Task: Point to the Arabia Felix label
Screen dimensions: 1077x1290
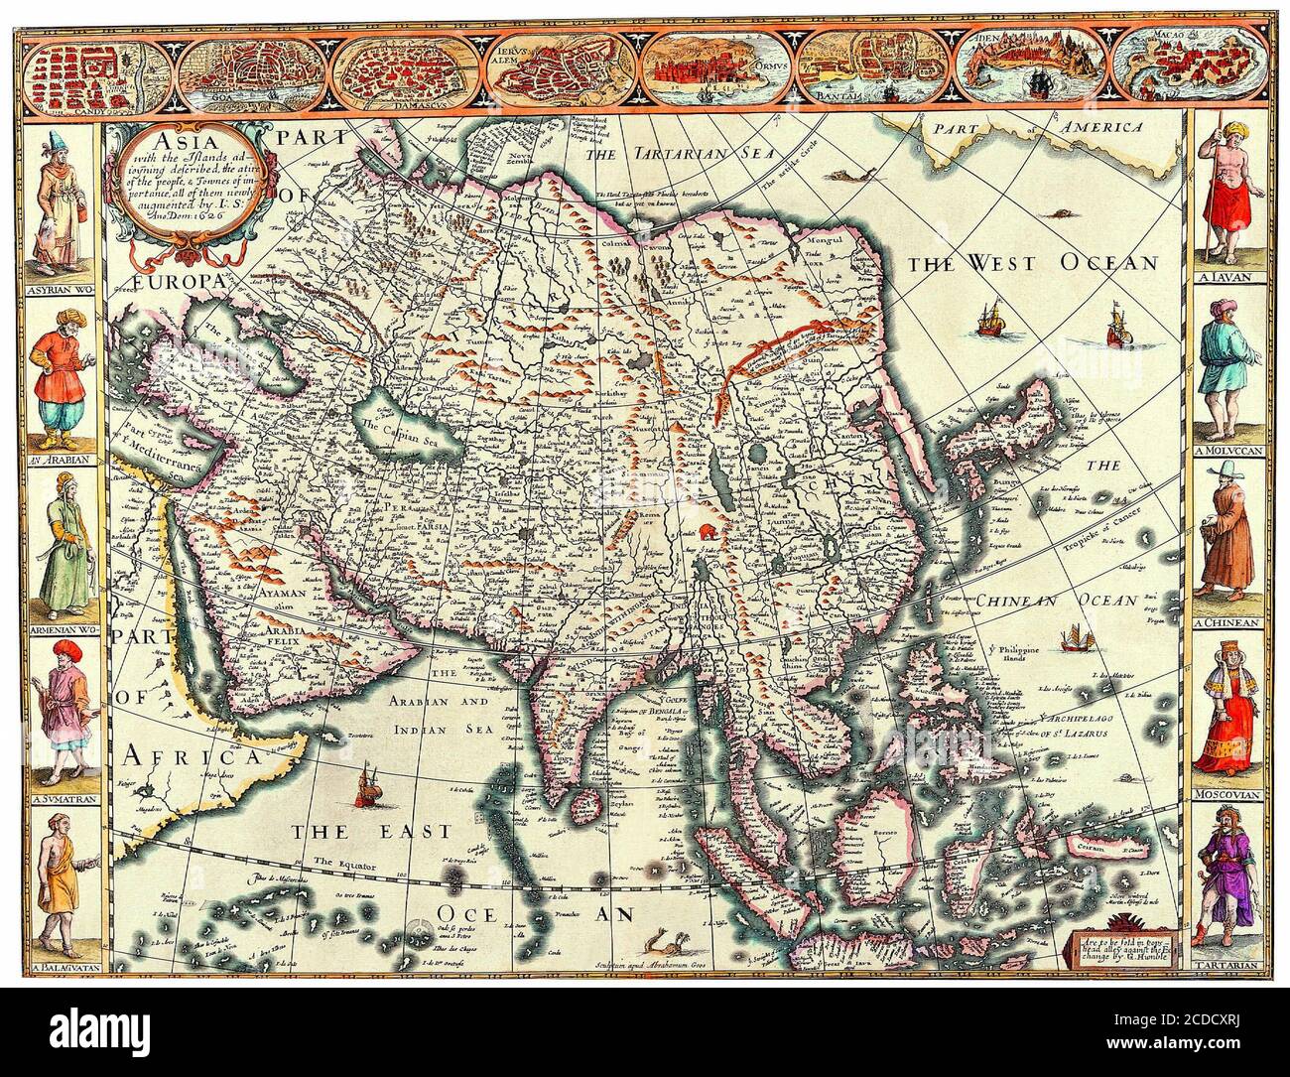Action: point(268,635)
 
